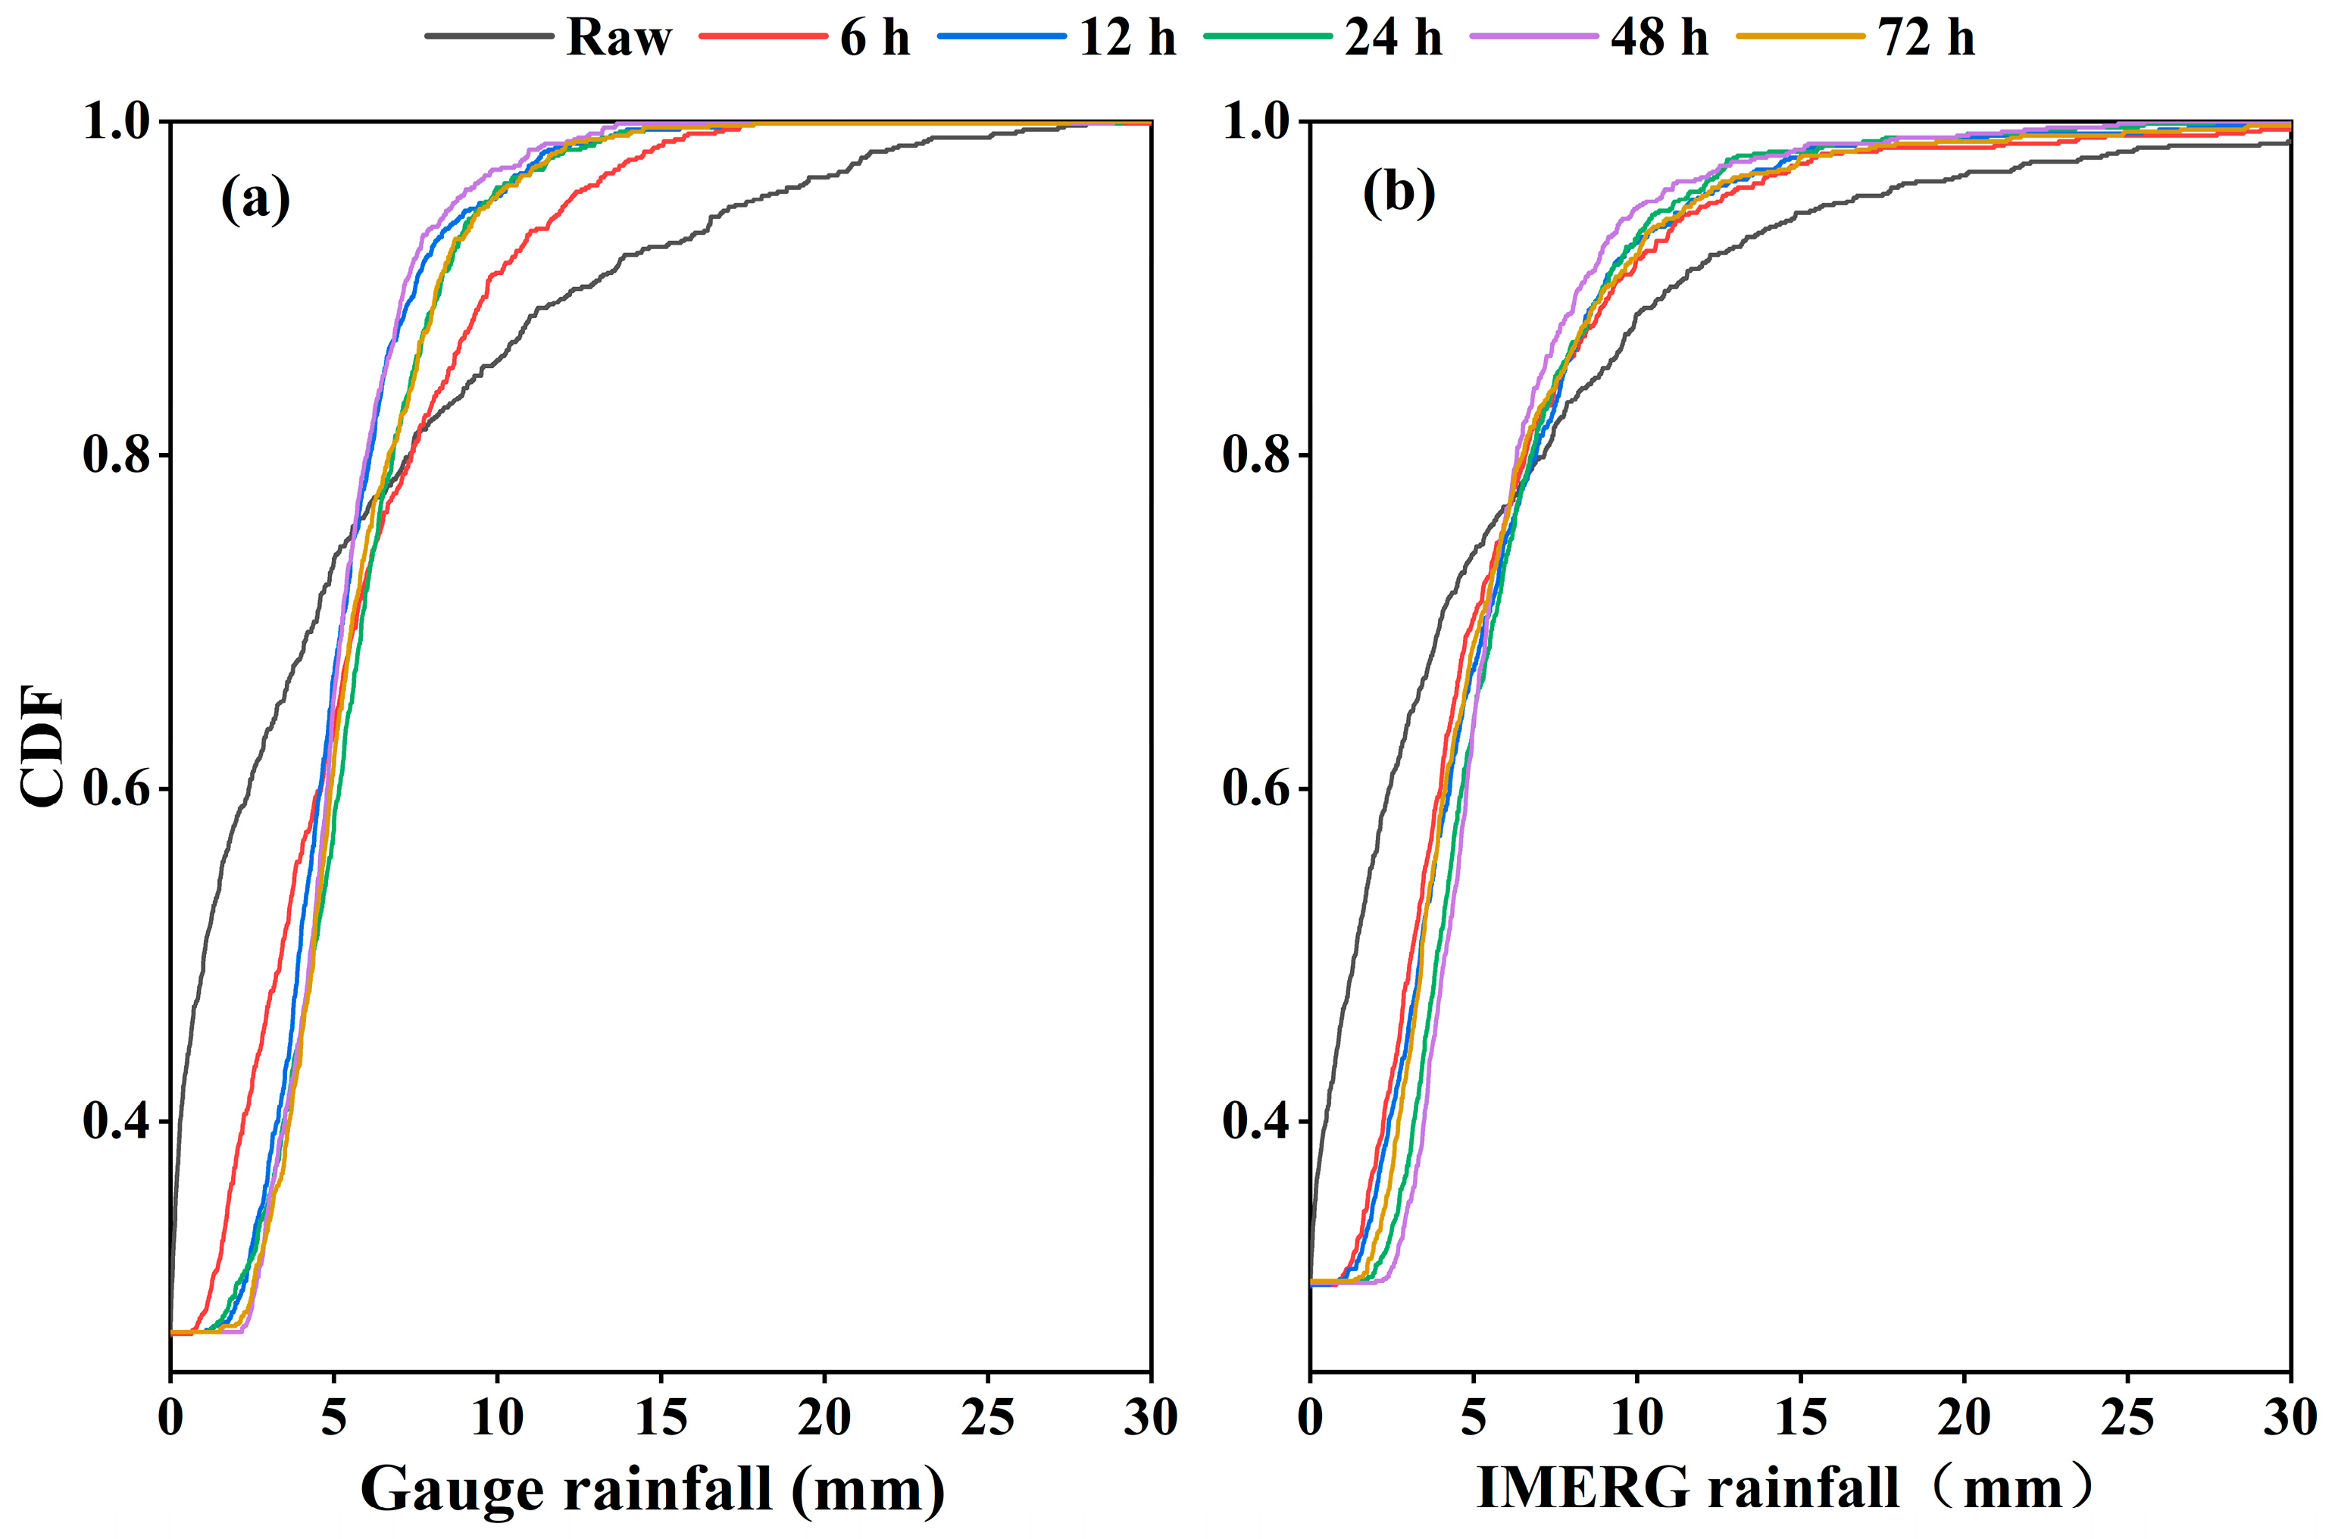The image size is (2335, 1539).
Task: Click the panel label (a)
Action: coord(255,199)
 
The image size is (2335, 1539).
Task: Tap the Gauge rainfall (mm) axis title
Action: coord(653,1488)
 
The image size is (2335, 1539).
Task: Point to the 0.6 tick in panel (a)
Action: coord(117,788)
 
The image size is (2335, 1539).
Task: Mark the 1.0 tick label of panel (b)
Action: coord(1257,123)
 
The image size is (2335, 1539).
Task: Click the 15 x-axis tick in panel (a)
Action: coord(661,1417)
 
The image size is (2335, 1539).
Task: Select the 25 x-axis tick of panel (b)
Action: coord(2127,1417)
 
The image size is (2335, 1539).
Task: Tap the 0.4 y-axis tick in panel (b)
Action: coord(1257,1121)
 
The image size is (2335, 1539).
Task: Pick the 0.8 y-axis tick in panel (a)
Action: coord(117,455)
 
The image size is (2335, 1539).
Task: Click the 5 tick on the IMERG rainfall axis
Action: coord(1473,1417)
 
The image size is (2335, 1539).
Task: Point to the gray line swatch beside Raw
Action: coord(488,37)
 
